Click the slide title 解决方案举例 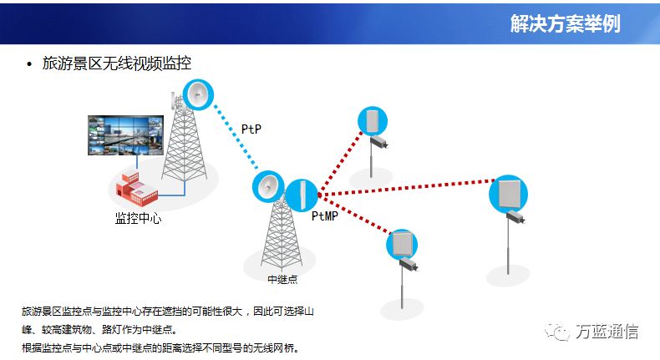point(566,23)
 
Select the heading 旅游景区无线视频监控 point(117,63)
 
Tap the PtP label point(251,129)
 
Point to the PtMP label point(324,216)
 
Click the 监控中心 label point(138,218)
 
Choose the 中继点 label point(282,279)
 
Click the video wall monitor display point(125,135)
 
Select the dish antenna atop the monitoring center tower point(198,94)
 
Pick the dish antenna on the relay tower point(268,186)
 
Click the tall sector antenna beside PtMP point(302,195)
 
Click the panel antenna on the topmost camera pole point(373,121)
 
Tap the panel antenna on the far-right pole point(508,194)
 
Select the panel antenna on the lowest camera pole point(402,245)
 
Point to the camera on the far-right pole point(515,217)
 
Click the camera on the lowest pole point(409,265)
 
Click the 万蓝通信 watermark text point(607,332)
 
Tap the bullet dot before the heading point(29,64)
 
